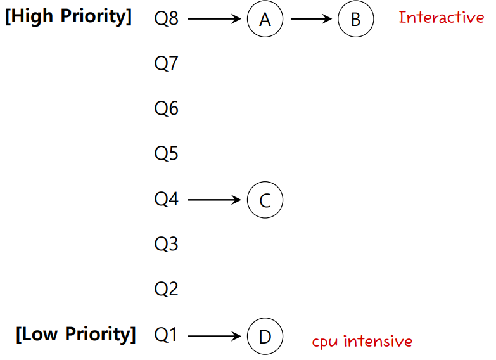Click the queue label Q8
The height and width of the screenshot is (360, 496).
[167, 19]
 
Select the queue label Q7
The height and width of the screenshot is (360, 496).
[167, 64]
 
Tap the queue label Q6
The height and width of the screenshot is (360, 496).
[167, 109]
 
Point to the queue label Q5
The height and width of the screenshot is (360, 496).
[167, 154]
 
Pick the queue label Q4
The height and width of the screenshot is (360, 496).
[167, 200]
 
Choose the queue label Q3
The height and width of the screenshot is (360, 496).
[167, 244]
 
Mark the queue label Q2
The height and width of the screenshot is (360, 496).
[167, 290]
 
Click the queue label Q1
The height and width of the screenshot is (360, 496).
[167, 335]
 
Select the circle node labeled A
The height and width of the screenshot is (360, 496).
[265, 20]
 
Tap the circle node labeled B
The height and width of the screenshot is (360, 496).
[355, 20]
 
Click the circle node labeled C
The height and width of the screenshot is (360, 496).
[265, 200]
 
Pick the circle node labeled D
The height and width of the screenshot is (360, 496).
[265, 336]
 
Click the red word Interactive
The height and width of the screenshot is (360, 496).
[441, 18]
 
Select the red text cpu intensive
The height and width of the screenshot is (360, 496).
[362, 342]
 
